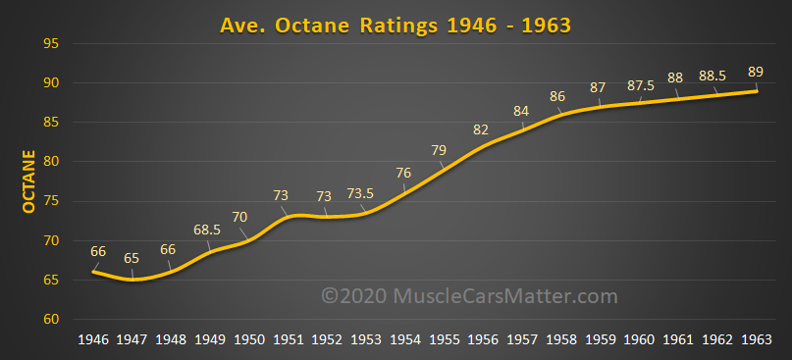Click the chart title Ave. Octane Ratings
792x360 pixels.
395,22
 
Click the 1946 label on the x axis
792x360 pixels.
94,339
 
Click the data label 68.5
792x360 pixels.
208,230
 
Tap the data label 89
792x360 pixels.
756,72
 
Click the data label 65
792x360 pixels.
132,257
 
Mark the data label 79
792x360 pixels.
440,150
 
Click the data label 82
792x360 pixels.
481,129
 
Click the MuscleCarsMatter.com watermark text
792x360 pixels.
471,294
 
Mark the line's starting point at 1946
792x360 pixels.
94,272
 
